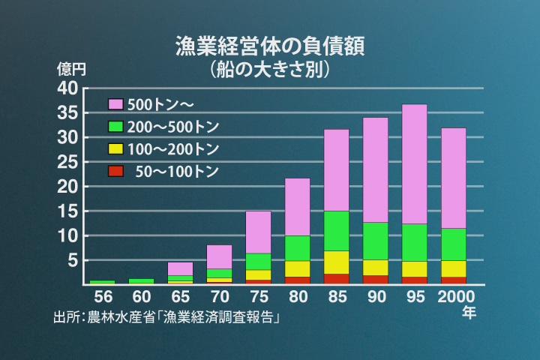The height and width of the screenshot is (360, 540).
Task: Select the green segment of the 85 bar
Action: [337, 231]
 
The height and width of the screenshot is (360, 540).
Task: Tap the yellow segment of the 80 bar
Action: [298, 268]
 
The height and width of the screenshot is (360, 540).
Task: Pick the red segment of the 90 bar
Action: [376, 280]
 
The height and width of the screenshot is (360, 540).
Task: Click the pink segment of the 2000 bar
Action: [454, 178]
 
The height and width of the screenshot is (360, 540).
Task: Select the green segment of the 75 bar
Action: [259, 261]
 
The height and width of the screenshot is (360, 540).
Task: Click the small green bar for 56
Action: [103, 282]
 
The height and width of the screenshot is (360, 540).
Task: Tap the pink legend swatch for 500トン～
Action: [115, 103]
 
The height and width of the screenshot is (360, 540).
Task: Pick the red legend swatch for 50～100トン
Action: [115, 172]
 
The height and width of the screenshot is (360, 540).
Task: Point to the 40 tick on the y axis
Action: [67, 88]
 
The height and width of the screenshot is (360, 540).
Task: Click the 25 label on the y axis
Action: [67, 162]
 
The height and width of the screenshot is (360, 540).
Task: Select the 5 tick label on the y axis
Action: [73, 261]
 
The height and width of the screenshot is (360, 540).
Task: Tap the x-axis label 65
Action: [181, 296]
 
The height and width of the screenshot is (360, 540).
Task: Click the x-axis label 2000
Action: [454, 296]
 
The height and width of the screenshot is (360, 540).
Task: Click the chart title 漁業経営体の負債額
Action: [270, 46]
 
